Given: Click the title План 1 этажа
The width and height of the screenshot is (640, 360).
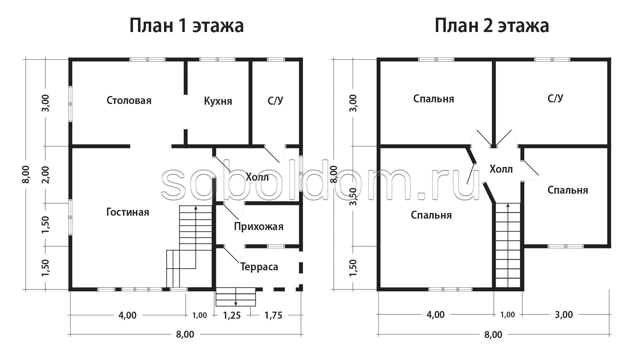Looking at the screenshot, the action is coord(186,26).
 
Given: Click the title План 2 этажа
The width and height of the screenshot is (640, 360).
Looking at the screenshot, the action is coord(492,26).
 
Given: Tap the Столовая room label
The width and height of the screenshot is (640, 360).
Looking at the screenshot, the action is coord(129,100).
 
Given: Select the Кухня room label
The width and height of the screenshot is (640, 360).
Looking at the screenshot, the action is coord(218,101).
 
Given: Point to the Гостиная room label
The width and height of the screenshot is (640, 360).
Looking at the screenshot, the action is coord(128,212).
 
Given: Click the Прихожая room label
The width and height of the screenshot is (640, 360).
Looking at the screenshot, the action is coord(259,227).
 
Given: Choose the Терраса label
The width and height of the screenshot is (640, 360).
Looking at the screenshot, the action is coord(259,267).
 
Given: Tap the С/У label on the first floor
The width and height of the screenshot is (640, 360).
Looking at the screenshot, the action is coord(275,101).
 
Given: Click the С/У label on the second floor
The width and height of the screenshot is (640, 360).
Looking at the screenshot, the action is coord(555,98).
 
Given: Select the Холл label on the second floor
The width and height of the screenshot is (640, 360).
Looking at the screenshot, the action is coord(501,169).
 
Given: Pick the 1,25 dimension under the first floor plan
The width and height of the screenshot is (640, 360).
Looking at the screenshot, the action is coord(232,315).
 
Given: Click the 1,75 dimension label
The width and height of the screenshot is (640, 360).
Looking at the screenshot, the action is coord(273,315).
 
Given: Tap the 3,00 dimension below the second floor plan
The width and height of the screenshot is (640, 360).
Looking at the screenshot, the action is coord(564,315).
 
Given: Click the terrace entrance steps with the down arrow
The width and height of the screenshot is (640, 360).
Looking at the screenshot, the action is coord(236,297).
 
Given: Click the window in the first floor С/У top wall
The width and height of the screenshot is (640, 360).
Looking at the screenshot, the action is coord(276,60).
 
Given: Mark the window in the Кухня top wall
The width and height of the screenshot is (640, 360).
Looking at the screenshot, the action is coord(217,60).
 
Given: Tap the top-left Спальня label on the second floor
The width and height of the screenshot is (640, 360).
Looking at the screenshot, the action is coord(434,99).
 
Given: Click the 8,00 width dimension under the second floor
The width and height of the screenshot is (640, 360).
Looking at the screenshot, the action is coord(493,335).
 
